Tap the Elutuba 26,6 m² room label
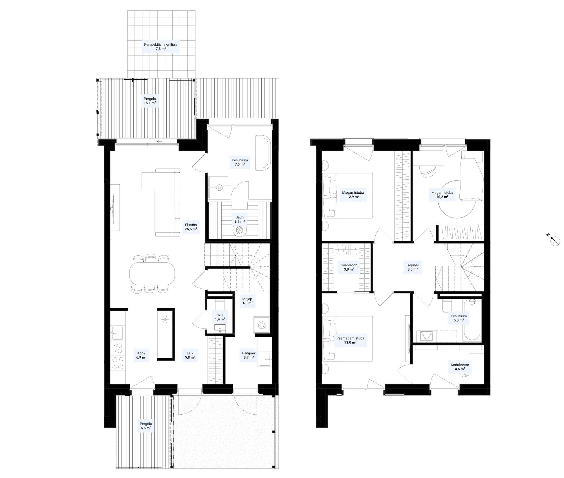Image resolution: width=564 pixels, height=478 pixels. point(191,227)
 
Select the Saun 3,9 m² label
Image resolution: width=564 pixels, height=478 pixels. point(240,219)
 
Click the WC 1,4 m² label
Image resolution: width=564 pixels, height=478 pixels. point(220,317)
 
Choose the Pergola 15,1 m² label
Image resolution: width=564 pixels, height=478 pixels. point(150,101)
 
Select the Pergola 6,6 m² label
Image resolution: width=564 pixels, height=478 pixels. point(146,426)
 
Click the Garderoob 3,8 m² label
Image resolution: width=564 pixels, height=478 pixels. point(349,267)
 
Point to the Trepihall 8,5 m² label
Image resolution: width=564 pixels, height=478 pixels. point(413,267)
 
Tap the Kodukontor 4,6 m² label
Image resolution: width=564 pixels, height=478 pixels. point(460,367)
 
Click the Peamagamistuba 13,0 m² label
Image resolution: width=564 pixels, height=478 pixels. point(350,340)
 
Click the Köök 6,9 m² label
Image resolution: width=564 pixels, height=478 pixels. point(141,355)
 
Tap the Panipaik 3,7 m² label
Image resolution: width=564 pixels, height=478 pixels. point(248,355)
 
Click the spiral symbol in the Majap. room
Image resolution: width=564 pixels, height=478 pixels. point(261,325)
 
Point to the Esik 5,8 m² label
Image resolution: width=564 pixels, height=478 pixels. point(190,355)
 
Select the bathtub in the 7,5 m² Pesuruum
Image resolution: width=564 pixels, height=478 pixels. point(263,153)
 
